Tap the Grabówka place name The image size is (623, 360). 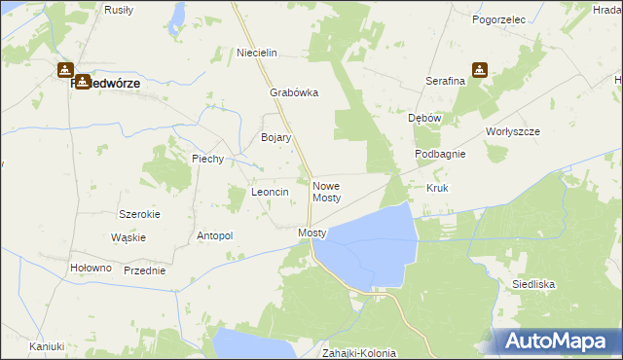294,93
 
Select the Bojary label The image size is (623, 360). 276,138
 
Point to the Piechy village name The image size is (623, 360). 208,159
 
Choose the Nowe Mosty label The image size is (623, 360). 326,191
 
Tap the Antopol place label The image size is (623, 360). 215,235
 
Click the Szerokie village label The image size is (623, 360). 139,213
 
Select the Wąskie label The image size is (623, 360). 128,237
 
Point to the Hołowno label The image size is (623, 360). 92,268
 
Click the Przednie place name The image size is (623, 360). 144,271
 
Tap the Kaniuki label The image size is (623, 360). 46,346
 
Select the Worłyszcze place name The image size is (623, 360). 512,131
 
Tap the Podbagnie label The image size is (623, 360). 440,154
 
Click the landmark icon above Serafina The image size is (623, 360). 480,70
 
